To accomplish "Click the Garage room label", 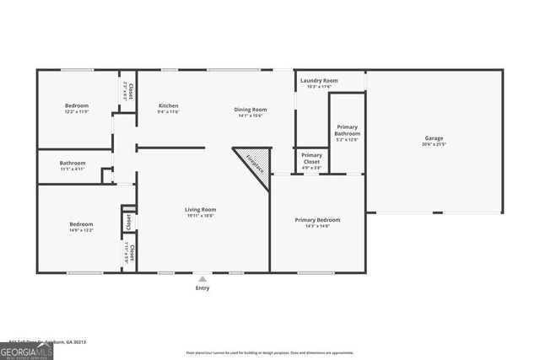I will point(434,138).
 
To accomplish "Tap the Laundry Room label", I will point(318,80).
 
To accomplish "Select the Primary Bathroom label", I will point(347,131).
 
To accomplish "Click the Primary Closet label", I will point(311,155).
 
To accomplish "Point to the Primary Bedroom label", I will point(317,220).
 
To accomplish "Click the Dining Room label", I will point(251,109).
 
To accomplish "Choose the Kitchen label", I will point(169,105).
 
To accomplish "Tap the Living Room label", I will point(201,209).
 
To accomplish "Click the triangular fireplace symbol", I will point(252,159).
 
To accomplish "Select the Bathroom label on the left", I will point(73,163).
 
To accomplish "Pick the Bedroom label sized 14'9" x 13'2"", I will point(81,224).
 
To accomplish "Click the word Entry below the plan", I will point(202,288).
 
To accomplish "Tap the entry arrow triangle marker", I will point(202,278).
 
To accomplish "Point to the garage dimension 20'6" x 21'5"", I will point(434,144).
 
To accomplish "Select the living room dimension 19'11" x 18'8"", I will point(201,215).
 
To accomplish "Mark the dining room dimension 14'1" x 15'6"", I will point(251,116).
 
